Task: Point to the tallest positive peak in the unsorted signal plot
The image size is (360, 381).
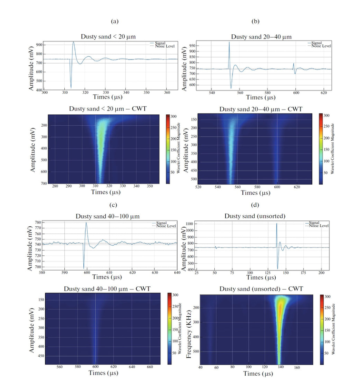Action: point(277,224)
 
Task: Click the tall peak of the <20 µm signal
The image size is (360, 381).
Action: point(73,42)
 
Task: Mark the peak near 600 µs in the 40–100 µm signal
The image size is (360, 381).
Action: point(86,222)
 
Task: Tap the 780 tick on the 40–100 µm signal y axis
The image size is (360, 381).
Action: point(38,222)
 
